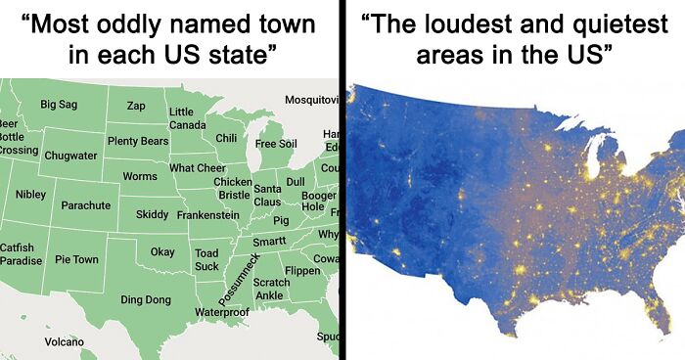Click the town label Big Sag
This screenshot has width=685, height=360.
point(60,104)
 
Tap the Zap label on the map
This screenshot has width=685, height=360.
point(136,106)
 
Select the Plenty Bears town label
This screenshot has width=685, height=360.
point(138,142)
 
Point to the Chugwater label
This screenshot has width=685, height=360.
point(70,156)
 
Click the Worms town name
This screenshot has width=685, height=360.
point(140,177)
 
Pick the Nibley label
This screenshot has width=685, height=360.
point(30,195)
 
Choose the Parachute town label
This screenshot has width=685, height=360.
point(85,206)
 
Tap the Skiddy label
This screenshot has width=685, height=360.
point(153,214)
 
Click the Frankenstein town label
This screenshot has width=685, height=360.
point(208,214)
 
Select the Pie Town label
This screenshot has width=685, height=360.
point(76,260)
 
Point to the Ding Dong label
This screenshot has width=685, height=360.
point(145,299)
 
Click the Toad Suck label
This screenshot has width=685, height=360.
point(206,259)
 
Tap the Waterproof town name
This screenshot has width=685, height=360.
point(222,312)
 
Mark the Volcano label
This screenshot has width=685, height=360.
point(65,341)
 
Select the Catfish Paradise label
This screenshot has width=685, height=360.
point(21,255)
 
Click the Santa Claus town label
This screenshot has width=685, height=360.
point(267,195)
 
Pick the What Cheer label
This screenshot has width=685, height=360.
point(197,168)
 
